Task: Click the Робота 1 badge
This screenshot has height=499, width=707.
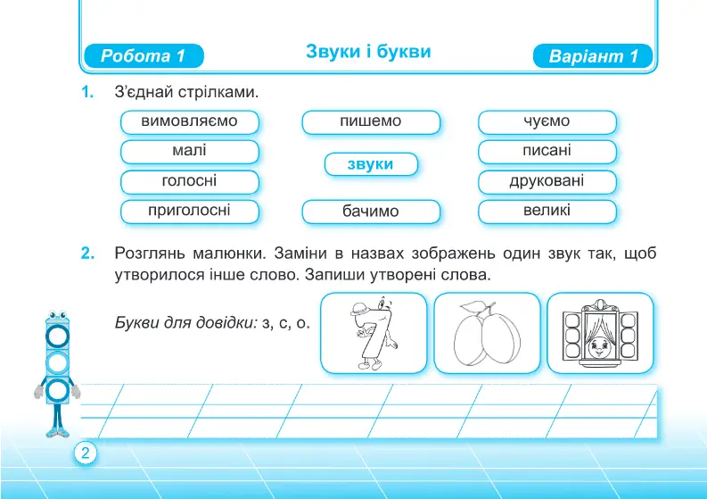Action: point(144,56)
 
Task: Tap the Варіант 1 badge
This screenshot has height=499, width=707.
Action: point(593,56)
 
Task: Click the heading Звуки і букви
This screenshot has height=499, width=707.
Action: point(368,52)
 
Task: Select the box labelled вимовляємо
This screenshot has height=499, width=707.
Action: point(190,122)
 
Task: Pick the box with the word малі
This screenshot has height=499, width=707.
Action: point(190,151)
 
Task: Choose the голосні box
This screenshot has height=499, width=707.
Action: point(190,181)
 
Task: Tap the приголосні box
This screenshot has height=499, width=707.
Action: point(190,212)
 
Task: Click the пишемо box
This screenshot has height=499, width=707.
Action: point(371,122)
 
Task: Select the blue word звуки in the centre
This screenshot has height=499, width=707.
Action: point(371,164)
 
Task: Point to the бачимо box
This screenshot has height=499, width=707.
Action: point(371,212)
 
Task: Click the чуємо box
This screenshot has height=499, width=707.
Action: point(547,122)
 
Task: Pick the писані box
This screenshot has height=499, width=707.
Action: point(547,151)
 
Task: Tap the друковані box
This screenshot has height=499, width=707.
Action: point(547,181)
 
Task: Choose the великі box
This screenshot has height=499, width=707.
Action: point(547,212)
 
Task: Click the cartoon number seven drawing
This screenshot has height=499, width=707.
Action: point(373,333)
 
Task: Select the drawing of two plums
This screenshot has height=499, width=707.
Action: point(487,333)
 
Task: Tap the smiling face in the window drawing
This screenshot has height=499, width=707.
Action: point(599,346)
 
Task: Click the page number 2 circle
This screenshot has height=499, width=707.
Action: point(86,453)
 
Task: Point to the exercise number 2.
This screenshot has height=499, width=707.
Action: point(88,254)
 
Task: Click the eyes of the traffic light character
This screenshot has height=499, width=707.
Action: point(57,315)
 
